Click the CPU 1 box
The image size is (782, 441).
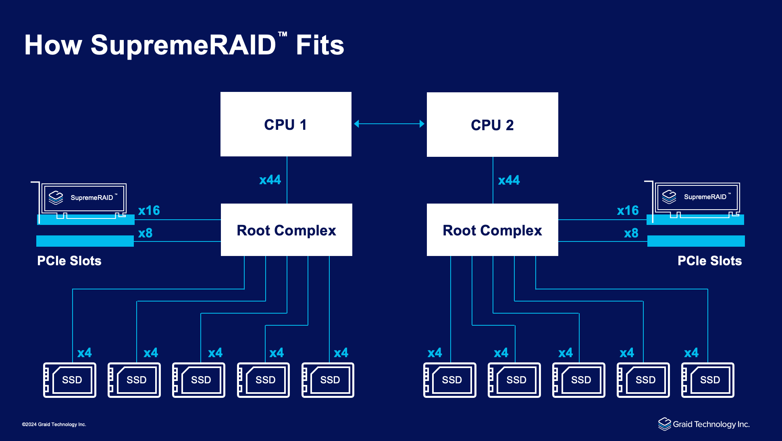[x=286, y=124]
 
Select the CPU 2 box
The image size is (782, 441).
[x=492, y=125]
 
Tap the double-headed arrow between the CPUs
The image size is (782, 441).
[x=389, y=124]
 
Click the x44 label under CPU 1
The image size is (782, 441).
[x=270, y=180]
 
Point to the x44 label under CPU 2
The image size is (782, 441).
[x=509, y=180]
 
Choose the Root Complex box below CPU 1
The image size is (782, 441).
[x=286, y=230]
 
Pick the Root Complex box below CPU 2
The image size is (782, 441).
[x=492, y=230]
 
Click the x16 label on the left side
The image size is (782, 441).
[x=149, y=210]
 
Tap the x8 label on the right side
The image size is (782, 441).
[x=631, y=233]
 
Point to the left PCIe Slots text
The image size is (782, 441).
[x=69, y=261]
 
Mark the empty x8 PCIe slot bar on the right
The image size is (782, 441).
[x=696, y=241]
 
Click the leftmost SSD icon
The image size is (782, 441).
[x=70, y=380]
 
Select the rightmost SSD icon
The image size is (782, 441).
[x=707, y=380]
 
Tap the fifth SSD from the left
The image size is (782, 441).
[x=328, y=380]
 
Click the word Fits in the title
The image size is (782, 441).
[x=320, y=45]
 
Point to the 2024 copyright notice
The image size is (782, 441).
[x=54, y=424]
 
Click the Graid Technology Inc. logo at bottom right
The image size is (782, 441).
[x=704, y=424]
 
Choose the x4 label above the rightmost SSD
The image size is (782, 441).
[x=691, y=353]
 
